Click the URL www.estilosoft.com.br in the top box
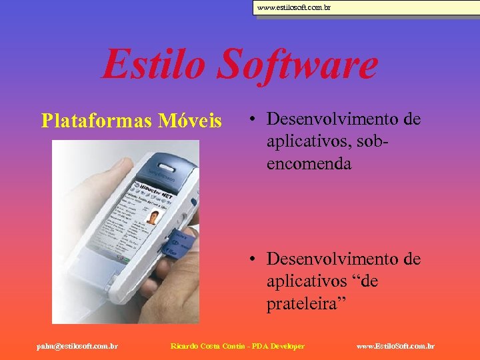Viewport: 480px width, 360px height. (293, 8)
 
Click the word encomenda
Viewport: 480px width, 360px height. (309, 163)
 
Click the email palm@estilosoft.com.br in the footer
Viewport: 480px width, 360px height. (77, 346)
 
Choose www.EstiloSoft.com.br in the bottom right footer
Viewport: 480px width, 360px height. (395, 346)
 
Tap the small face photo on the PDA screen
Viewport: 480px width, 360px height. (153, 217)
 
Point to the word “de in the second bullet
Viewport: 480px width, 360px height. (365, 281)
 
